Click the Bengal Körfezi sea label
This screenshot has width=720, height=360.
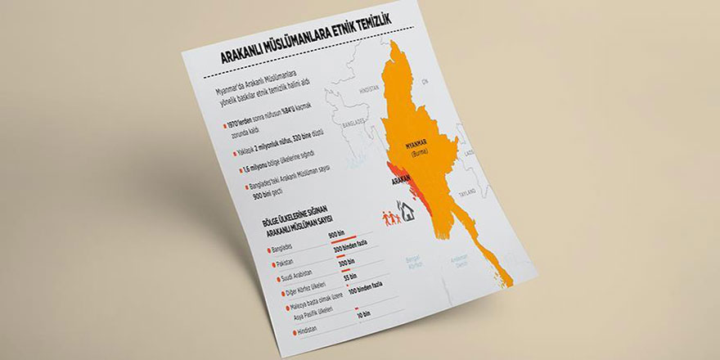pos(417,262)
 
